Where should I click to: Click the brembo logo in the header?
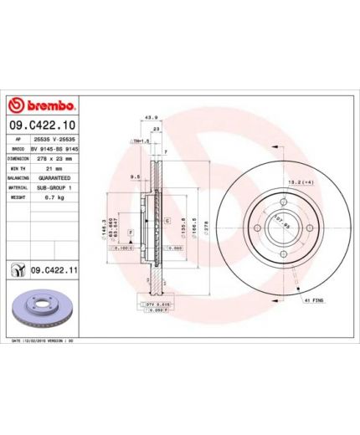tap(41, 106)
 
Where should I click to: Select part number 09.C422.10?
tap(53, 125)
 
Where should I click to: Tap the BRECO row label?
tap(18, 147)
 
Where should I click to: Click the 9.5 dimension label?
tap(134, 177)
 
